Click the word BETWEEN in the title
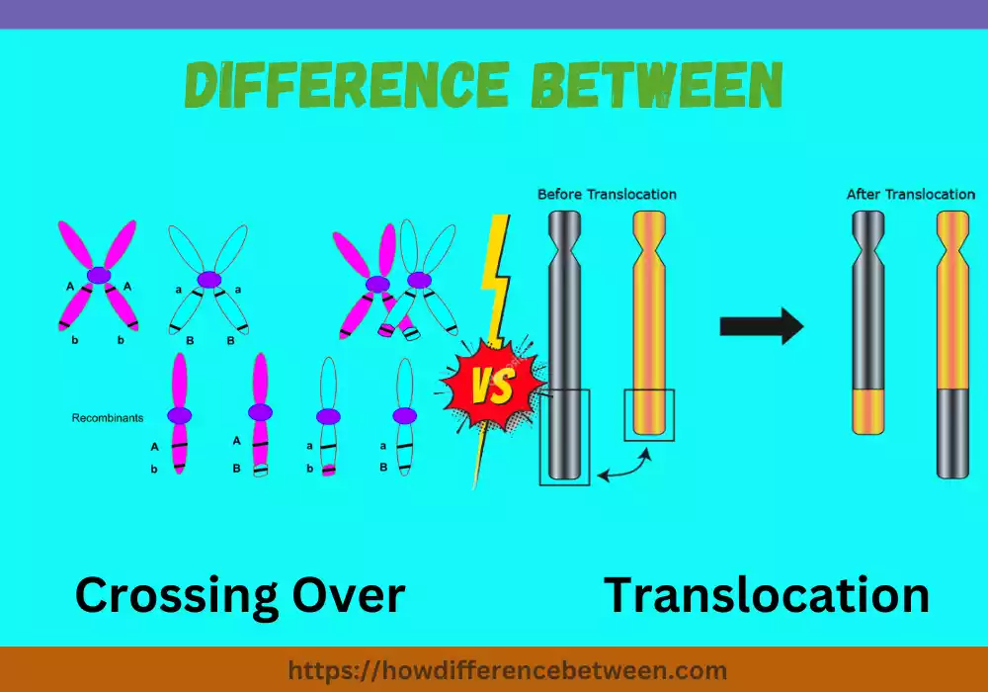click(x=657, y=87)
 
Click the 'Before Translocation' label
click(x=607, y=194)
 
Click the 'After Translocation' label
click(x=910, y=194)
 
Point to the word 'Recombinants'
click(x=108, y=418)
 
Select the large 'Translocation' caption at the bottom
click(x=767, y=596)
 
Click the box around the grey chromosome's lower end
click(x=564, y=436)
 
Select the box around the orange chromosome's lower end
click(x=649, y=414)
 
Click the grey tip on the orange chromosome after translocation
click(x=953, y=432)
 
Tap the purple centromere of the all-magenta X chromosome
click(x=98, y=277)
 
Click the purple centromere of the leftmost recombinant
click(x=179, y=416)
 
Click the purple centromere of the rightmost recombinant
click(x=403, y=415)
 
